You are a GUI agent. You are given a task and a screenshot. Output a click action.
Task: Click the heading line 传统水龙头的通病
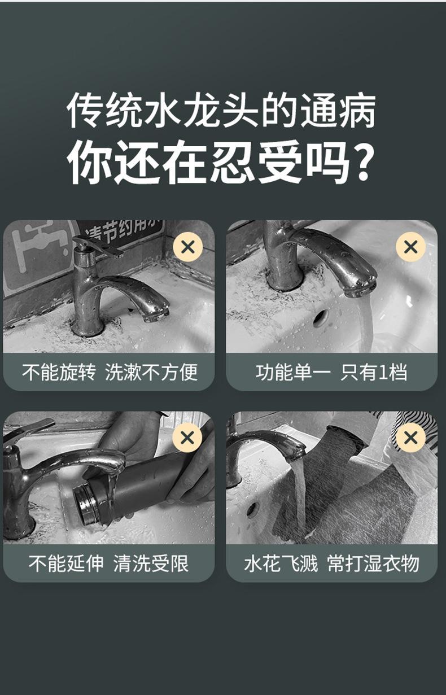point(221,111)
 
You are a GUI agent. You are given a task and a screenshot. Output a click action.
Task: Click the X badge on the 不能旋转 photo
point(187,247)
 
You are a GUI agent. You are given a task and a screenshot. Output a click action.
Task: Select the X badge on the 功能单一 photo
point(410,247)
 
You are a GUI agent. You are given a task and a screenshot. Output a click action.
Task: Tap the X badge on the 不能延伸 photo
point(187,438)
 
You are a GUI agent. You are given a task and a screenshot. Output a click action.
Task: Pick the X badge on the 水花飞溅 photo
point(410,438)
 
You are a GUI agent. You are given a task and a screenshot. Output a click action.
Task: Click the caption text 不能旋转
point(59,372)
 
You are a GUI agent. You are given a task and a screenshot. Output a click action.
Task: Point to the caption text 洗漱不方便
point(151,372)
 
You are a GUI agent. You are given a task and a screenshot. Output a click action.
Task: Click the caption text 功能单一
point(294,372)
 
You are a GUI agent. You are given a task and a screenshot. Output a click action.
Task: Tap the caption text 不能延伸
point(66,563)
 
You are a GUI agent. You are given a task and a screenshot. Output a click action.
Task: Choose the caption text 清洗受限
point(151,563)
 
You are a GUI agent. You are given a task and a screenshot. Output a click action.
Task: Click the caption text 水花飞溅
point(281,563)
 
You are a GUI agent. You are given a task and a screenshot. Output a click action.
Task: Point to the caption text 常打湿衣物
point(373,563)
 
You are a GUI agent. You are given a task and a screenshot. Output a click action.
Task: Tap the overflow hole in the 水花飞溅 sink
point(253,510)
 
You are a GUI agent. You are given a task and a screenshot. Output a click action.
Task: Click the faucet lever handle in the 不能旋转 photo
point(99,245)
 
